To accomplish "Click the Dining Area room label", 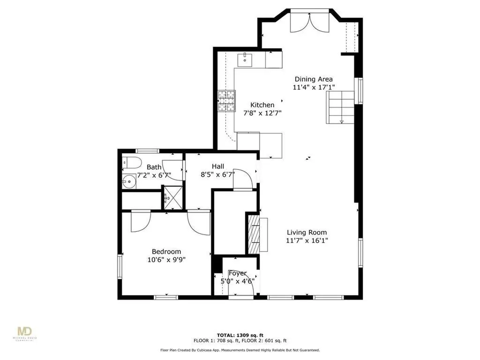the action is [x=314, y=79].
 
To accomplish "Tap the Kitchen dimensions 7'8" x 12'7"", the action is [x=262, y=113].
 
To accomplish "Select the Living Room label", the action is [x=307, y=232].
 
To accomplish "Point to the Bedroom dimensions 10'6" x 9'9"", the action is [x=166, y=260].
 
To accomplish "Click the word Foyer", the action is [x=238, y=273].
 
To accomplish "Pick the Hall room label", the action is [x=217, y=166].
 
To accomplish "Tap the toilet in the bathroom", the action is [x=131, y=163].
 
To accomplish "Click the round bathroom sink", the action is [x=129, y=181].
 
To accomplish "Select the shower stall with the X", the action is [x=173, y=197].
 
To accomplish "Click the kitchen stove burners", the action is [x=226, y=101].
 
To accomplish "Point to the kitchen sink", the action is [x=245, y=60].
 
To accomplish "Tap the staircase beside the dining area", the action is [x=340, y=107].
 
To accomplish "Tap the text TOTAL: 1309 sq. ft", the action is [x=240, y=335].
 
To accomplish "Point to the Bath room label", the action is [x=154, y=167].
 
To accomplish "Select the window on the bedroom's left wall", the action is [x=120, y=266].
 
